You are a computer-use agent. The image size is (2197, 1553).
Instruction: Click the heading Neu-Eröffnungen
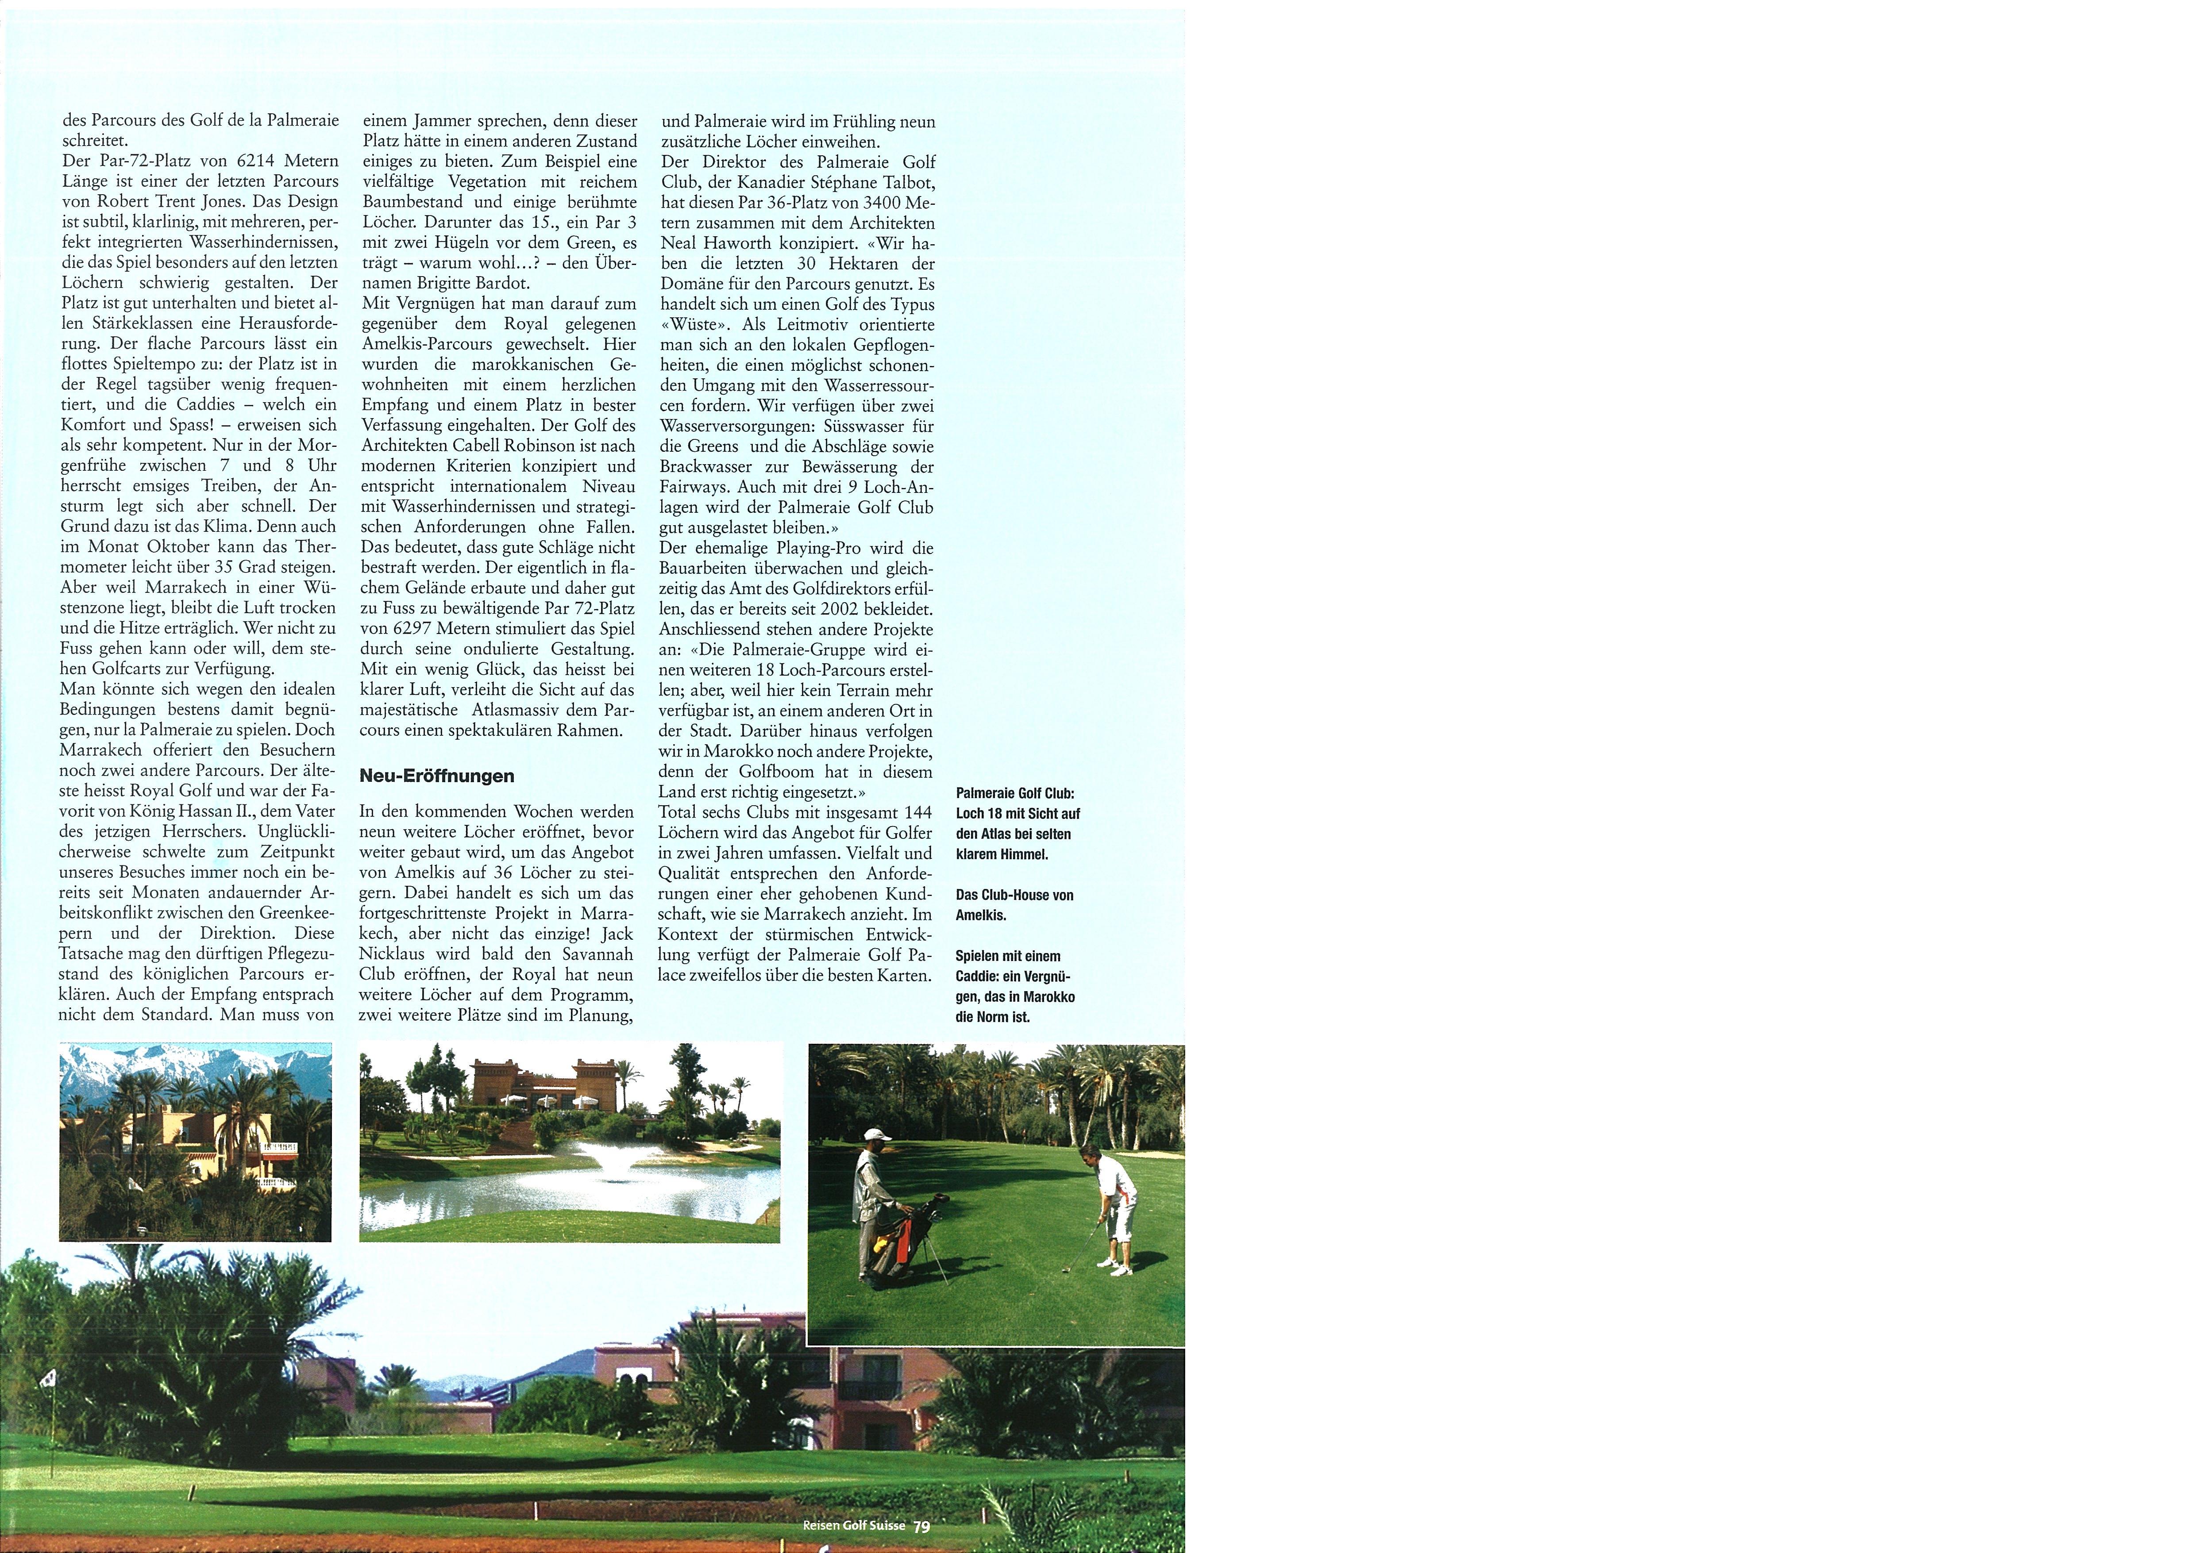point(436,776)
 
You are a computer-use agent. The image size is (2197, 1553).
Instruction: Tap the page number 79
point(921,1526)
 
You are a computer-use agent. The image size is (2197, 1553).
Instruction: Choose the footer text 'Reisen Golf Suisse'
point(854,1526)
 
